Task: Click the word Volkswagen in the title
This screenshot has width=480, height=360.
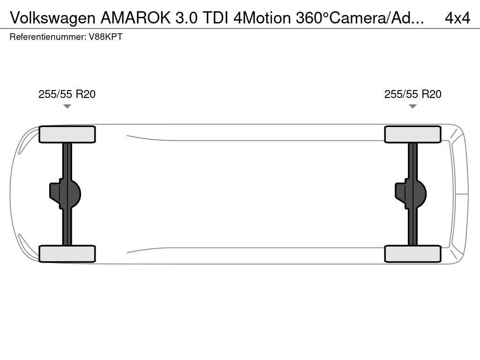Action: pos(52,18)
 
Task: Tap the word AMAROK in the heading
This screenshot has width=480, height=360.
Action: pos(135,18)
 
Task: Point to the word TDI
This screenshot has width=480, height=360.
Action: pos(216,18)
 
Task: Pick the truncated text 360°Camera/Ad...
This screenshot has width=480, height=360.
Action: pos(360,18)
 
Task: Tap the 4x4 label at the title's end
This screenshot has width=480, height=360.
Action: pos(457,18)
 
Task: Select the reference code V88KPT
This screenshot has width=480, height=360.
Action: pos(105,37)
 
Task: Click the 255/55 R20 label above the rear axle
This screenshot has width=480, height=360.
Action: pos(67,94)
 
